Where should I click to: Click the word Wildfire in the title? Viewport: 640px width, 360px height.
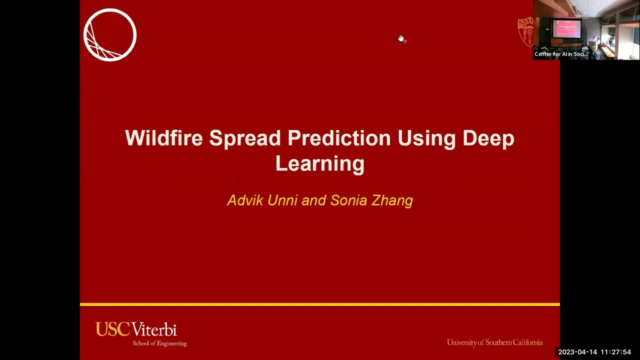(x=163, y=138)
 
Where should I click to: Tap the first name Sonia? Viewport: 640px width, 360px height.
(x=348, y=200)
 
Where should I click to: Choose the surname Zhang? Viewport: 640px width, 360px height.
(x=392, y=201)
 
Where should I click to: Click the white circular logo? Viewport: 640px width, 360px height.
(x=110, y=35)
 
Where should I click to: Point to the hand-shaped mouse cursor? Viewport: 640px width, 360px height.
(x=401, y=39)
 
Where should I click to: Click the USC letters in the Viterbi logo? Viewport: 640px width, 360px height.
(x=112, y=329)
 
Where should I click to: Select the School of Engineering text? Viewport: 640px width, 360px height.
(x=159, y=343)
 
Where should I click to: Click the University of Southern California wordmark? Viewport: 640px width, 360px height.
(x=494, y=342)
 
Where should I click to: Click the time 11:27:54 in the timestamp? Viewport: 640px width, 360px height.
(x=616, y=352)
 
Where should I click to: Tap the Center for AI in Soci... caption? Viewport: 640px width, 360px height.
(x=560, y=54)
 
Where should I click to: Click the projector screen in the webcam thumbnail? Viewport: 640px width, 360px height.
(x=566, y=29)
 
